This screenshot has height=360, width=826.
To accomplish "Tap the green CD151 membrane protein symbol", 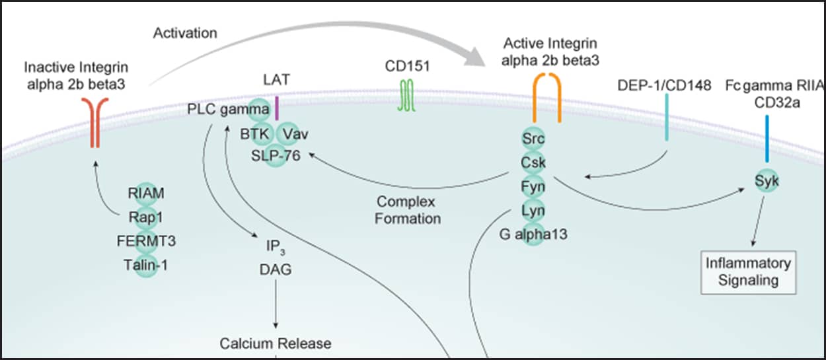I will click(404, 95).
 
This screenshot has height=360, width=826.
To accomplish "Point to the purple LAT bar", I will click(277, 108).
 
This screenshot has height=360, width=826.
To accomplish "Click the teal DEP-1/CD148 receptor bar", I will click(667, 117).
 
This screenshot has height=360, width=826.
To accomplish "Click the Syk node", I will click(767, 180).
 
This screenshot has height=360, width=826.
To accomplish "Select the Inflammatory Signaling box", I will click(748, 271).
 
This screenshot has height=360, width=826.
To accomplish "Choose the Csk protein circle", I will click(533, 161).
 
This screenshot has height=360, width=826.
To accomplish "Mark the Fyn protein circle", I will click(533, 186).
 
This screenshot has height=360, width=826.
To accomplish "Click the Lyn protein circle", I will click(533, 209).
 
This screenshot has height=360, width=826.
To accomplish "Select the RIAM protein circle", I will click(147, 193).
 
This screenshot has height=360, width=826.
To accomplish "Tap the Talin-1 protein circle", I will click(147, 264).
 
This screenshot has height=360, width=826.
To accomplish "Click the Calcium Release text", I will click(276, 343).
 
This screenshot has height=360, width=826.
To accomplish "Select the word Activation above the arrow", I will click(184, 33).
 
